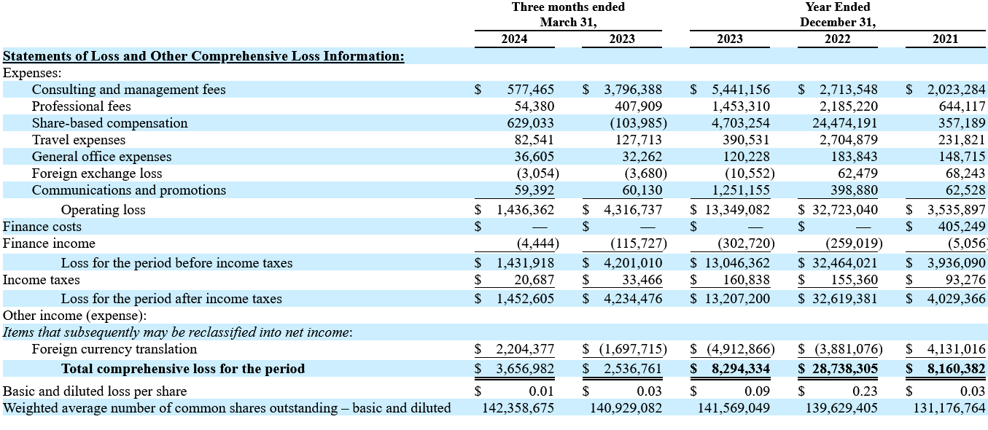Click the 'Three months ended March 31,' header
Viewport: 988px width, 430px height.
pyautogui.click(x=568, y=15)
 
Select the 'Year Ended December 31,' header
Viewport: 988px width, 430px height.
pyautogui.click(x=838, y=15)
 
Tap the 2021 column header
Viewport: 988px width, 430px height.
pyautogui.click(x=945, y=39)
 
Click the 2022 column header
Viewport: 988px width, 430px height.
pyautogui.click(x=838, y=39)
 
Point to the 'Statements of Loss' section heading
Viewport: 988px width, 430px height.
pyautogui.click(x=203, y=56)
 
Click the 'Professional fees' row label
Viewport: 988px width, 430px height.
pyautogui.click(x=81, y=106)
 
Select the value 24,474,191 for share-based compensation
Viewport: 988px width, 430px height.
pyautogui.click(x=845, y=123)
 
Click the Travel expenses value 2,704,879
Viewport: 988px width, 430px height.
pyautogui.click(x=849, y=140)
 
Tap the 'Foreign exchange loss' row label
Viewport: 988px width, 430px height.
pyautogui.click(x=97, y=173)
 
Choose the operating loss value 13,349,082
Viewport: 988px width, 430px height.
pyautogui.click(x=737, y=210)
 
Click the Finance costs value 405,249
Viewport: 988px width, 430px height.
pyautogui.click(x=962, y=227)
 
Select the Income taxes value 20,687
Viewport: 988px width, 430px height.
pyautogui.click(x=534, y=280)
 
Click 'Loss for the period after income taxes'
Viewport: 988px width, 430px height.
pyautogui.click(x=171, y=299)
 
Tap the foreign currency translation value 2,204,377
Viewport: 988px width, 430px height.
pyautogui.click(x=525, y=349)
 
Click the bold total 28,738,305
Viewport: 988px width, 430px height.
pyautogui.click(x=845, y=369)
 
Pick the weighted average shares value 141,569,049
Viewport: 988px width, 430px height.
pyautogui.click(x=734, y=408)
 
